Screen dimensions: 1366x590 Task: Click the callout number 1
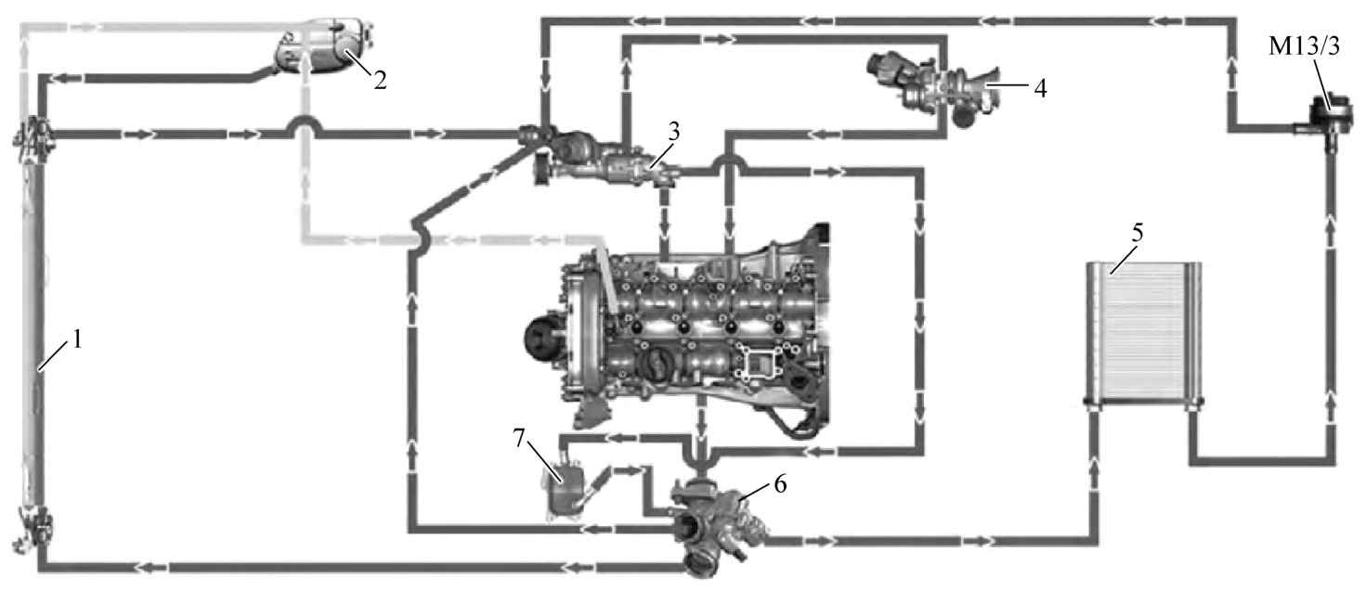[x=77, y=340]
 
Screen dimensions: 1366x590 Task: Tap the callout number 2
[x=380, y=81]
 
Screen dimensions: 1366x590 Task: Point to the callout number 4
[x=1040, y=88]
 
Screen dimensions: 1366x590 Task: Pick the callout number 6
[x=781, y=484]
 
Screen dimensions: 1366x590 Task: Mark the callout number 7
[x=519, y=438]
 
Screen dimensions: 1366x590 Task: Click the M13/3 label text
[x=1304, y=46]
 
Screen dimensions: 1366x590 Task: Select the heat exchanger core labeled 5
[x=1144, y=333]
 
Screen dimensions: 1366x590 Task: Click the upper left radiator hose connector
[x=32, y=137]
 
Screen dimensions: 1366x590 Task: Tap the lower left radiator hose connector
[x=32, y=532]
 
